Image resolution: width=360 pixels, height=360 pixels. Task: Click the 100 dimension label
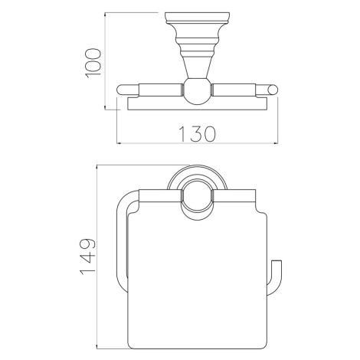click(93, 64)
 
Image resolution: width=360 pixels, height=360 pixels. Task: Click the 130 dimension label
click(197, 134)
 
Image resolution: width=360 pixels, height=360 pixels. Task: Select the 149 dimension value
click(88, 257)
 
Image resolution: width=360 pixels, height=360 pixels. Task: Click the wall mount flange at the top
click(197, 18)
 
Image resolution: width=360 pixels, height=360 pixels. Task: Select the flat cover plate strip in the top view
click(197, 103)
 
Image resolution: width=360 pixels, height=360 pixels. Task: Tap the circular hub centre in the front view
click(197, 197)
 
